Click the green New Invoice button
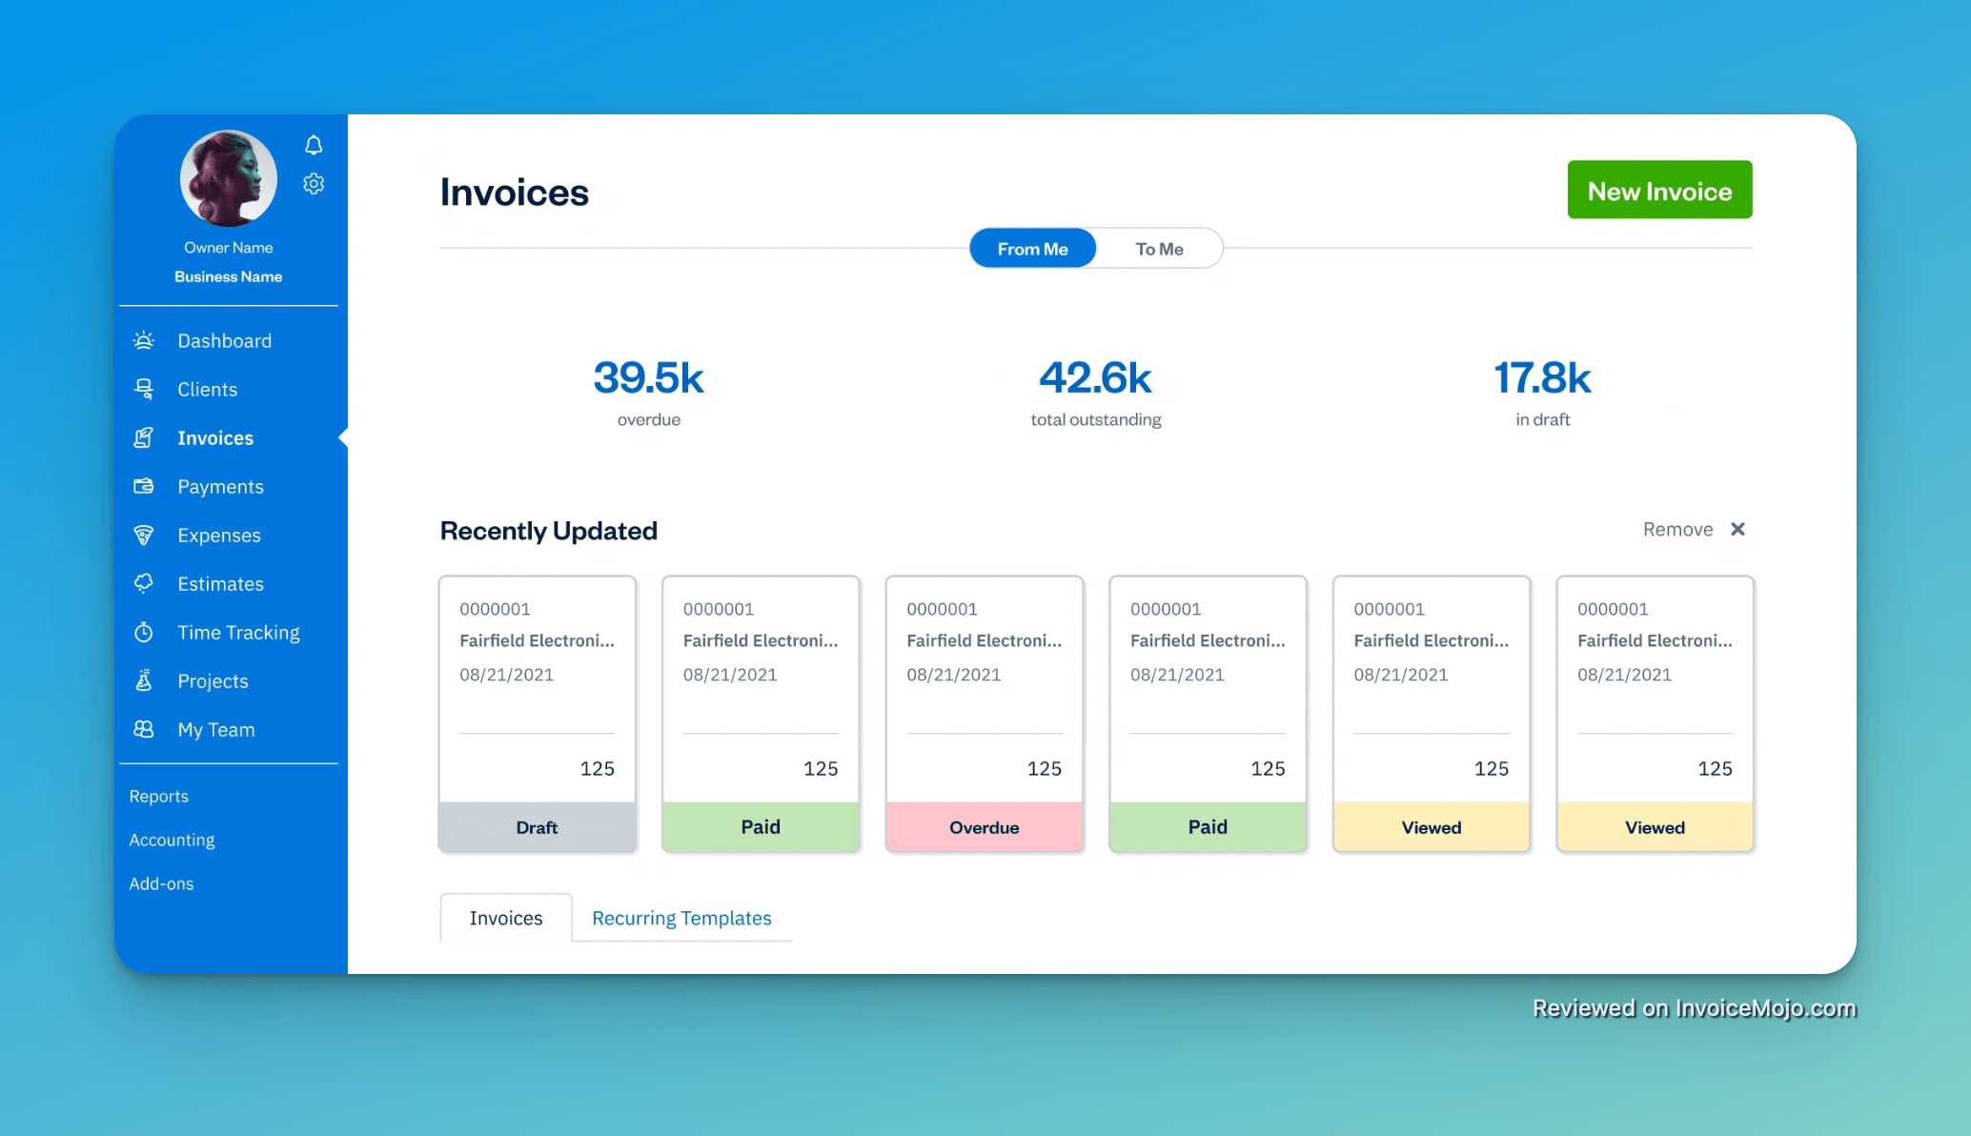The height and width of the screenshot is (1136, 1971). (1659, 191)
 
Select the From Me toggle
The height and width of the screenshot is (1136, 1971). (1032, 249)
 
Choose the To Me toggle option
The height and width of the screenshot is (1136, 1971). (1159, 249)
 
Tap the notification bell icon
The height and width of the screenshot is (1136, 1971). (314, 145)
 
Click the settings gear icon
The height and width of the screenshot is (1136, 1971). (314, 184)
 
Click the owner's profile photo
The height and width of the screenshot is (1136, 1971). (229, 178)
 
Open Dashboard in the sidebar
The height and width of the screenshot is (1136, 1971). (224, 341)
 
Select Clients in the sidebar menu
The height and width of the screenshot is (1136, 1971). (207, 390)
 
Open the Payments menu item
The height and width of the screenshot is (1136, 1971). (220, 487)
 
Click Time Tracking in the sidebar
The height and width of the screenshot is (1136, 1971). (238, 633)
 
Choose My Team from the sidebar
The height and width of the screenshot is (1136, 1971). (215, 730)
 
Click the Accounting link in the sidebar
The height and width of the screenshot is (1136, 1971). (172, 840)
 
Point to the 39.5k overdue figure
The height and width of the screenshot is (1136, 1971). (648, 378)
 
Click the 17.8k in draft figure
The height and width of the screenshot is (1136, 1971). (1542, 378)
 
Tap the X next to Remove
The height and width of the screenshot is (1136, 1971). (1737, 529)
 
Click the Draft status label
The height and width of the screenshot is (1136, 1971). (537, 827)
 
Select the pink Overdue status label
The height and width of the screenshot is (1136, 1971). (984, 827)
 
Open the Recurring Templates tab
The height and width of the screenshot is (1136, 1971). (681, 918)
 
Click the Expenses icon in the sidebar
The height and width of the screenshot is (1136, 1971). (144, 536)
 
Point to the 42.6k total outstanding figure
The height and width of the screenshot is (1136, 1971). (1095, 378)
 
